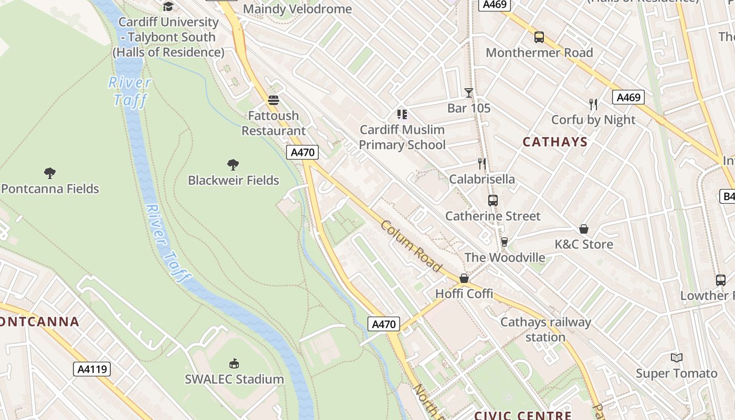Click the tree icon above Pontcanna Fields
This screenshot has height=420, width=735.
pos(50,173)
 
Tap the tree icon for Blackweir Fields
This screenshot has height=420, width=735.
pos(233,165)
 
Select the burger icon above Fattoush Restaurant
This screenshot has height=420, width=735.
pos(273,100)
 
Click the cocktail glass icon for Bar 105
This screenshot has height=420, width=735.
pos(469,93)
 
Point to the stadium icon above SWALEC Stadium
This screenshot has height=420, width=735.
pos(234,363)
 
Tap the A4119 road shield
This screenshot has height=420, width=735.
pos(92,369)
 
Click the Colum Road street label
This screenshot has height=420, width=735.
pos(411,246)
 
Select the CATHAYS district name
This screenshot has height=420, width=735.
pos(555,142)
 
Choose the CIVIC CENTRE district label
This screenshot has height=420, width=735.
pos(523,415)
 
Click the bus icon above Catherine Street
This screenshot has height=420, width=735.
pos(492,201)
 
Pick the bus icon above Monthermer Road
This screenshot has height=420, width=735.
pos(539,37)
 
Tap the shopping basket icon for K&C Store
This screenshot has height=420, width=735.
pos(583,229)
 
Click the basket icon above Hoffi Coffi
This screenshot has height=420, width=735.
pos(464,278)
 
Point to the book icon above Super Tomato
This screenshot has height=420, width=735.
pos(677,358)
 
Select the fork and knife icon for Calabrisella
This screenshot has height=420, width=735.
pos(482,164)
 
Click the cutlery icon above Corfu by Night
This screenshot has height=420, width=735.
pos(593,104)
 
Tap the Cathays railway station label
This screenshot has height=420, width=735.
pos(545,329)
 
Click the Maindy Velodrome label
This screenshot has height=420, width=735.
pos(297,9)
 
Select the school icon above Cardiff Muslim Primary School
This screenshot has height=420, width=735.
pos(402,114)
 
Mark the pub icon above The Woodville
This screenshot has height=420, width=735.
pos(505,242)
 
